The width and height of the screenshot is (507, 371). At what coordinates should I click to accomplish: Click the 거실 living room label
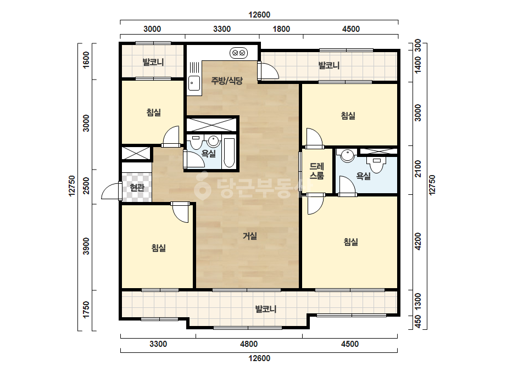coord(250,236)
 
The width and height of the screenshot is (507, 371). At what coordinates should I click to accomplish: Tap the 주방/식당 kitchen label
coord(227,81)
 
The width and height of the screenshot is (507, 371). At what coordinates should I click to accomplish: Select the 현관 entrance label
coord(137,187)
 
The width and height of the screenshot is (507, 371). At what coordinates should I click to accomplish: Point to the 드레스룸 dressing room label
coord(317,171)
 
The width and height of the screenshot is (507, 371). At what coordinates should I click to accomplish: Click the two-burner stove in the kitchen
coord(239,53)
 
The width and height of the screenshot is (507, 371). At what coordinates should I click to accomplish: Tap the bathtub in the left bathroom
coord(229,153)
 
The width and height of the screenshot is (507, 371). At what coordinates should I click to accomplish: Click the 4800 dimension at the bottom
coord(249,344)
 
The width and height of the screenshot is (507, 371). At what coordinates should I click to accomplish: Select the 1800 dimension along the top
coord(281,29)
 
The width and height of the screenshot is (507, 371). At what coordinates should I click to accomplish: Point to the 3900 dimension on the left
coord(86,246)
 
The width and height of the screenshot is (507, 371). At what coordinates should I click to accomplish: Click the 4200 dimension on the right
coord(418,241)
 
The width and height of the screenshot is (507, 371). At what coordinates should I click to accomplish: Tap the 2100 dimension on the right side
coord(418,168)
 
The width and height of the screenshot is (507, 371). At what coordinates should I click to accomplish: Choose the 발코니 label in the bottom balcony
coord(266,309)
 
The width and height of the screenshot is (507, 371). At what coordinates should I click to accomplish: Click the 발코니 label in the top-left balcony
coord(153,61)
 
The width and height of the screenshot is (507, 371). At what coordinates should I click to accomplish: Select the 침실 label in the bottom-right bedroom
coord(351,241)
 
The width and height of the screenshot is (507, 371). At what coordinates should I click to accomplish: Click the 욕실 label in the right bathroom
coord(364,176)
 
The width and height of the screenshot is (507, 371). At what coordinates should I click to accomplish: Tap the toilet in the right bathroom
coord(377,165)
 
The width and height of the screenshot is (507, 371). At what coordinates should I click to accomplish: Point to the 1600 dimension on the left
coord(86,60)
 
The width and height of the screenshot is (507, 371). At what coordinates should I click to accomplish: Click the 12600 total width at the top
coord(259,15)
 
